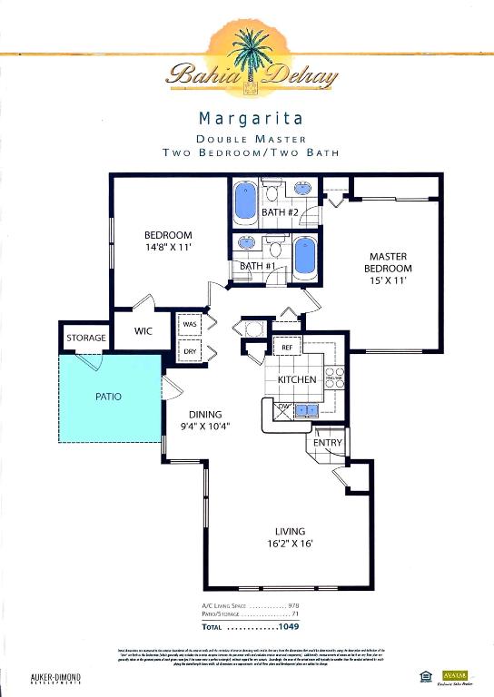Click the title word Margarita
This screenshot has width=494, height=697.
click(x=251, y=118)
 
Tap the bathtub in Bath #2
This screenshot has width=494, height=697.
click(x=246, y=203)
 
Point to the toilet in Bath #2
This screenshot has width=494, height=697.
click(x=272, y=192)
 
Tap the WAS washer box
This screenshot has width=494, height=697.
click(x=190, y=323)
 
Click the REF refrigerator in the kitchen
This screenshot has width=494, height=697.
click(x=285, y=347)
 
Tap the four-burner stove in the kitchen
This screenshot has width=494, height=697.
click(x=334, y=375)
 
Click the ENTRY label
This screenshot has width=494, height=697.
click(x=328, y=442)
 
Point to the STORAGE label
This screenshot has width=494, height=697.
click(x=85, y=338)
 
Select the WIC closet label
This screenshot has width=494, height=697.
click(x=143, y=331)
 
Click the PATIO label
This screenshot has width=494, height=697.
click(x=108, y=397)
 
